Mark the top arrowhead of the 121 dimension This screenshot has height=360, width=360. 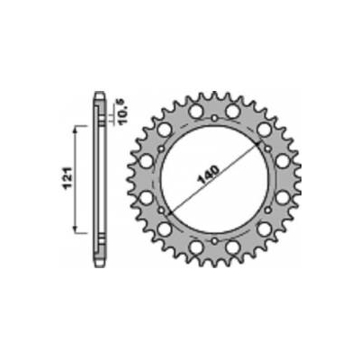tap(74, 128)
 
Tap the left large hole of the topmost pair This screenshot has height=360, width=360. tap(194, 110)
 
